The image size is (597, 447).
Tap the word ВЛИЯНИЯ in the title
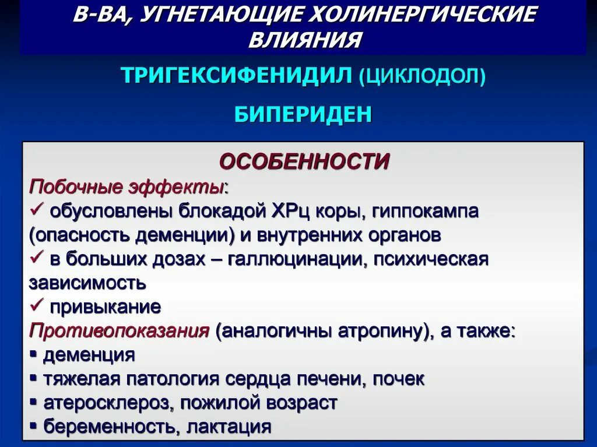(x=305, y=40)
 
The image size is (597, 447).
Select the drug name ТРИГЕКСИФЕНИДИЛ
(x=237, y=76)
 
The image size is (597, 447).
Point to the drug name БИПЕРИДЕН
(x=303, y=114)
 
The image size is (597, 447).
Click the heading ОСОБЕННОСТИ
(x=304, y=161)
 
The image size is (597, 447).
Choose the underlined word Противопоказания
(x=119, y=331)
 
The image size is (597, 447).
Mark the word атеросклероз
(x=107, y=403)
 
